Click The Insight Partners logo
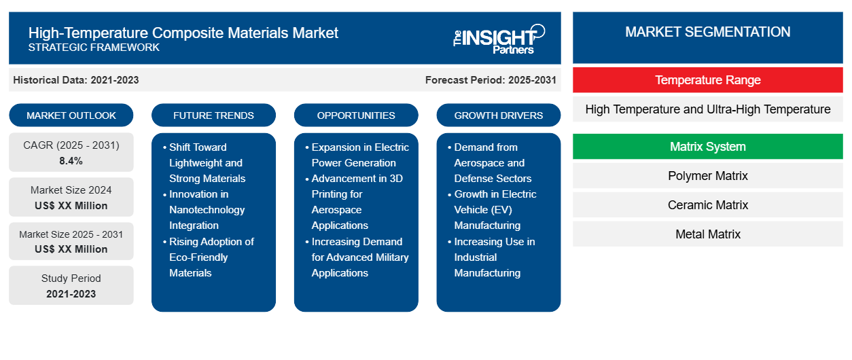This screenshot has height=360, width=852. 499,38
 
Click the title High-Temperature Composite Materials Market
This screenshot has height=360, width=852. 183,33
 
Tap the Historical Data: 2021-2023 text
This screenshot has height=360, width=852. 76,80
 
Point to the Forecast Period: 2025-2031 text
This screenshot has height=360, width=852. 491,80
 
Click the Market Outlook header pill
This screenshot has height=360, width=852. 71,115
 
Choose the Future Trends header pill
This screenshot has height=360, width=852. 213,115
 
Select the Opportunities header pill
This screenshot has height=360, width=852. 356,115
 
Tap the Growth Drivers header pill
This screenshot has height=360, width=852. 499,115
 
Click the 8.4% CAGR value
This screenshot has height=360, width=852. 71,161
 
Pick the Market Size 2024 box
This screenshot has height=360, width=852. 71,198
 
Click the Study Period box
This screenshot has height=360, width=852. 71,286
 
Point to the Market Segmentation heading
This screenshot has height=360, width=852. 707,32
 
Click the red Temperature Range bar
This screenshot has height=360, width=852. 707,80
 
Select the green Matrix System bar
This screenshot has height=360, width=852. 707,147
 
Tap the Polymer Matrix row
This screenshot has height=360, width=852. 707,176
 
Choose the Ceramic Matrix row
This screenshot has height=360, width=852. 707,205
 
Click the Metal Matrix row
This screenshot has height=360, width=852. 707,234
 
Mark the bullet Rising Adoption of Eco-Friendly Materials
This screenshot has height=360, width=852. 211,257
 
